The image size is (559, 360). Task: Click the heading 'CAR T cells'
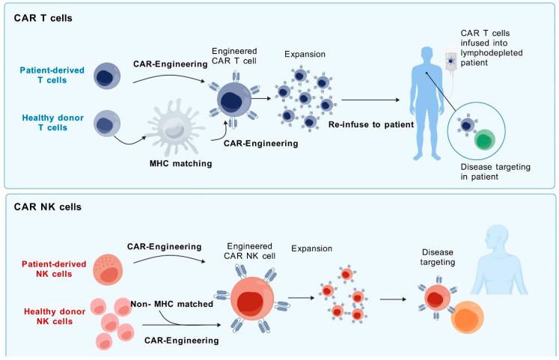(x=43, y=18)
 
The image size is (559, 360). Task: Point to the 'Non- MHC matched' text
(x=172, y=305)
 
